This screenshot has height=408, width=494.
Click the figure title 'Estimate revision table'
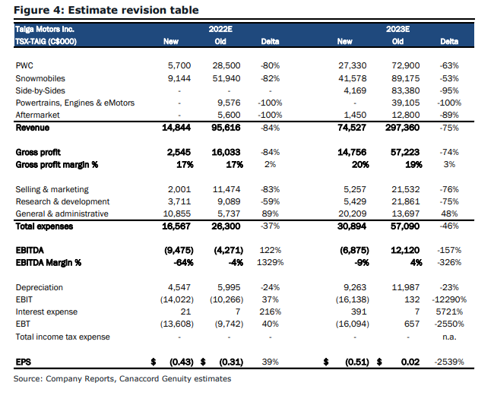(x=133, y=10)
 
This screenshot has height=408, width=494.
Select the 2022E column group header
(x=220, y=30)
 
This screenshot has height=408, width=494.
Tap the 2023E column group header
(x=397, y=30)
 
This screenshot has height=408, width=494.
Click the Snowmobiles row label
(x=40, y=78)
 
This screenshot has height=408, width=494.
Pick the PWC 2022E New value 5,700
(x=179, y=65)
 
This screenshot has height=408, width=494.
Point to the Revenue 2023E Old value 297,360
(x=402, y=128)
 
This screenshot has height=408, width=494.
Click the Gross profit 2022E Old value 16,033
(x=226, y=152)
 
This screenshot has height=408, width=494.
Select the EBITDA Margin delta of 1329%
(x=271, y=262)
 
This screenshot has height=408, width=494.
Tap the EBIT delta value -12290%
(x=449, y=299)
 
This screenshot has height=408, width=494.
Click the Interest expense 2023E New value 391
(x=359, y=312)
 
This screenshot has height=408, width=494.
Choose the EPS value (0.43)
(x=181, y=362)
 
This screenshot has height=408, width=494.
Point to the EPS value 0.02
(x=410, y=362)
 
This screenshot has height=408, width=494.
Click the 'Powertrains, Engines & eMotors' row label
(x=75, y=103)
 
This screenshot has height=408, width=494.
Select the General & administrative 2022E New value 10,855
(x=177, y=213)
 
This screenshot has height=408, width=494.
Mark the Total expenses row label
(x=44, y=226)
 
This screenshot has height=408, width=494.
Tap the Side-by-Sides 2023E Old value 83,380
(x=406, y=90)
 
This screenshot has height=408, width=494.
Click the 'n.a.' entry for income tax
(x=449, y=337)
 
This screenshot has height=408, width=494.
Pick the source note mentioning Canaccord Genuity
(x=122, y=378)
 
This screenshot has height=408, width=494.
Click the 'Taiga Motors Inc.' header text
(x=45, y=30)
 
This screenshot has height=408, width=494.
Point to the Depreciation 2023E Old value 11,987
(x=406, y=287)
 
